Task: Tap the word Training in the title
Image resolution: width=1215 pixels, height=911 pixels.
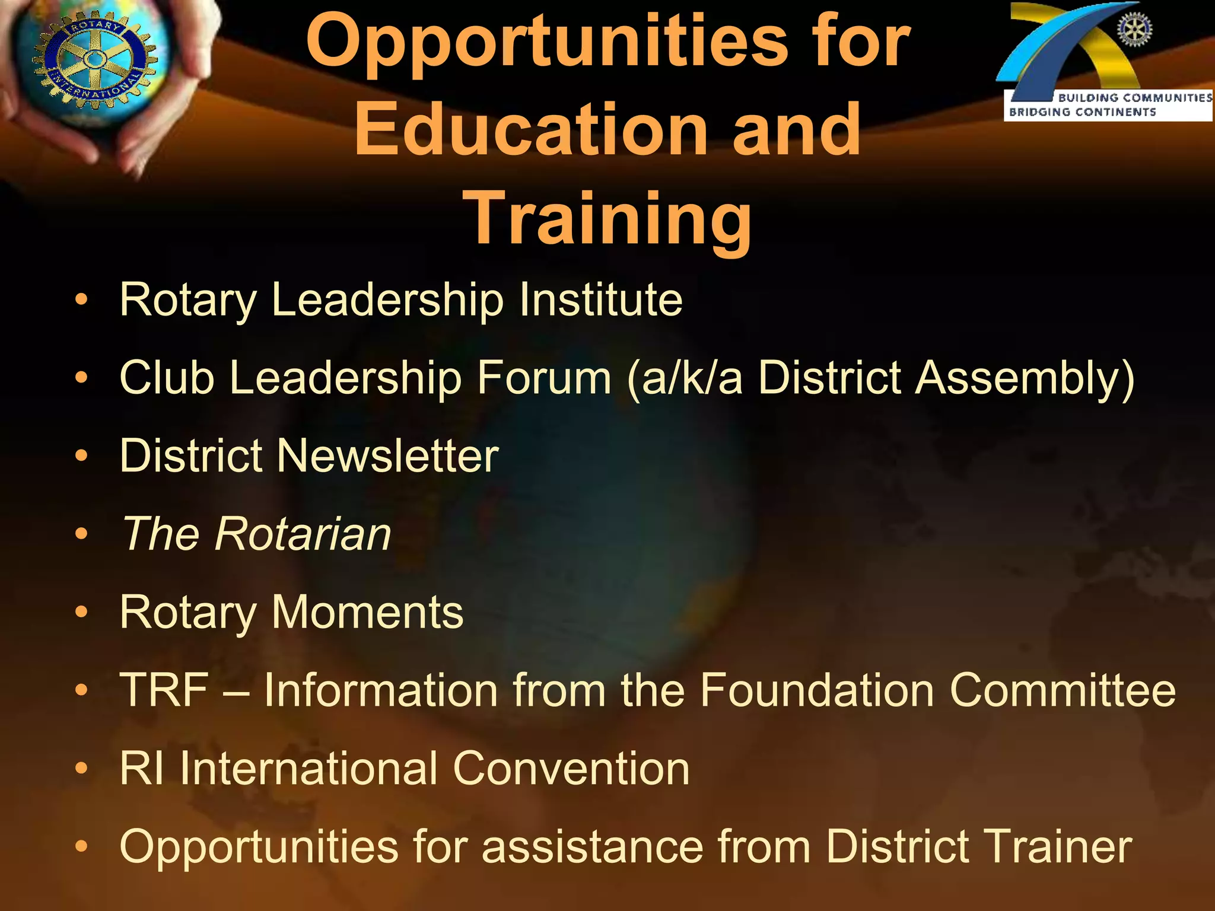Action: click(609, 218)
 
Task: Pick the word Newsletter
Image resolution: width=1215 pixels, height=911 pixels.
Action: click(388, 455)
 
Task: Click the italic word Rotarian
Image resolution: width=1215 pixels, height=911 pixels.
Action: click(303, 534)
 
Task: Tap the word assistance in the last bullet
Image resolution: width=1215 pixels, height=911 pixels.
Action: click(593, 846)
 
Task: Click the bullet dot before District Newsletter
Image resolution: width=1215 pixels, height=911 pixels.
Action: click(81, 456)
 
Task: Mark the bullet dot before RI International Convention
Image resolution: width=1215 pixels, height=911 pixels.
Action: click(81, 769)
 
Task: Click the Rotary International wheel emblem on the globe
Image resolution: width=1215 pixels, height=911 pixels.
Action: click(93, 59)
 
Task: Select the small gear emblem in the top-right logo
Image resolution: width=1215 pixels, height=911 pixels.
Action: click(1134, 30)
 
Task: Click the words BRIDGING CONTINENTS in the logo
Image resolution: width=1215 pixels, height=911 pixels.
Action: click(1082, 112)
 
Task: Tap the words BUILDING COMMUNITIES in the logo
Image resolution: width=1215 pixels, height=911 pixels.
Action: click(1135, 97)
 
